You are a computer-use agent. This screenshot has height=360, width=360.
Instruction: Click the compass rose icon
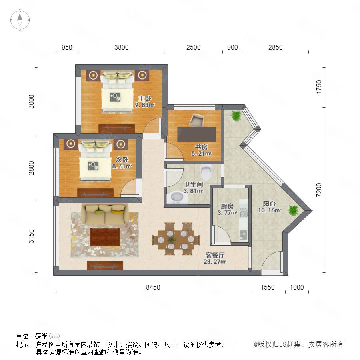click(x=20, y=20)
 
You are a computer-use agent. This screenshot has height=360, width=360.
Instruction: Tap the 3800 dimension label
click(x=122, y=47)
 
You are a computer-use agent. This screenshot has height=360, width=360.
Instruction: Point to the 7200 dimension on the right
click(x=319, y=190)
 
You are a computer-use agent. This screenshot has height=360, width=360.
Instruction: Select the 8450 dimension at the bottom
click(x=153, y=287)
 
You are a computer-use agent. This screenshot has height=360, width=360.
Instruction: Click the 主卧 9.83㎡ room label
click(x=145, y=102)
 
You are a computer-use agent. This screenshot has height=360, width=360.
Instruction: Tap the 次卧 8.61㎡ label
click(x=122, y=163)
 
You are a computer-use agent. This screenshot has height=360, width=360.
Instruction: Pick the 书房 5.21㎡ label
click(x=201, y=150)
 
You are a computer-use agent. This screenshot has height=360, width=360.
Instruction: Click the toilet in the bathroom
click(x=206, y=172)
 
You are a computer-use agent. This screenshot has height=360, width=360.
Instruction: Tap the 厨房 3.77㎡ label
click(x=227, y=209)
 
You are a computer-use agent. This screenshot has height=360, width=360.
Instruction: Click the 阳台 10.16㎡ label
click(x=269, y=207)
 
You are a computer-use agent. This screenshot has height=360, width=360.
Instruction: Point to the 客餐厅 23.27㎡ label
click(x=215, y=258)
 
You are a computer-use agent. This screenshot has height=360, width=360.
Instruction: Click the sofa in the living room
click(x=105, y=214)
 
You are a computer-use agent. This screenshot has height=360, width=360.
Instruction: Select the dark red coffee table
click(x=105, y=237)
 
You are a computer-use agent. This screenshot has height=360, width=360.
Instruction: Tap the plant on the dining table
click(x=171, y=240)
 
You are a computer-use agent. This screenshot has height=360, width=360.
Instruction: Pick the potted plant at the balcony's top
click(x=236, y=116)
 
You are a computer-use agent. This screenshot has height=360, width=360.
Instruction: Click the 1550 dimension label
click(x=268, y=287)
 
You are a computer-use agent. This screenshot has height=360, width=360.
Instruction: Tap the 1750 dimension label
click(x=319, y=87)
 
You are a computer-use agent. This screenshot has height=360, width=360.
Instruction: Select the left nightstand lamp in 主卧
click(x=93, y=75)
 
